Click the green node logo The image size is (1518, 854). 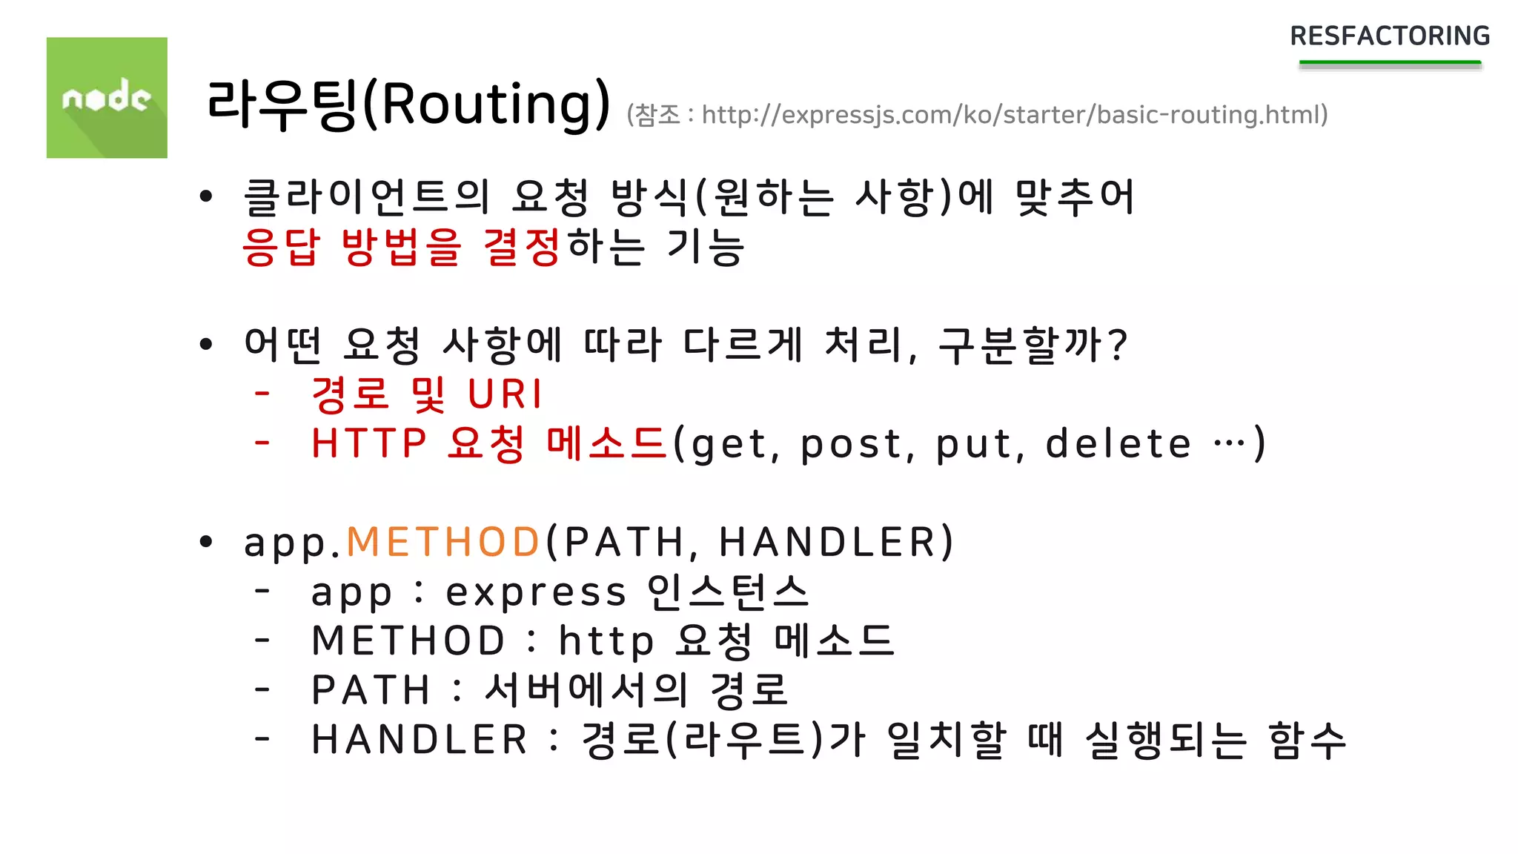tap(107, 97)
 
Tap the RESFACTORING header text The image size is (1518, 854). tap(1390, 36)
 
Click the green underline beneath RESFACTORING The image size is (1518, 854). tap(1390, 64)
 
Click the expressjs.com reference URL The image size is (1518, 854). tap(1014, 115)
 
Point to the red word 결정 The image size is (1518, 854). tap(522, 247)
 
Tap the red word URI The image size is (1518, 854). tap(506, 394)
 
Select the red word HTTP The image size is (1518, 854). tap(369, 443)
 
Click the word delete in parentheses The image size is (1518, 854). tap(1118, 443)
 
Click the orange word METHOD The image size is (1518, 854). tap(443, 542)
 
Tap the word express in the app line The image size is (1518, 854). tap(536, 592)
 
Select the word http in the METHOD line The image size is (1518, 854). tap(606, 641)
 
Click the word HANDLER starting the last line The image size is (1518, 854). tap(420, 740)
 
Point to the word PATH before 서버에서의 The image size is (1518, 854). tap(371, 690)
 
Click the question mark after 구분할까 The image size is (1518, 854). tap(1118, 345)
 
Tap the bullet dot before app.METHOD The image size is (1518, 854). tap(206, 542)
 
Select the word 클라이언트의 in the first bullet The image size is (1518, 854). tap(367, 197)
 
